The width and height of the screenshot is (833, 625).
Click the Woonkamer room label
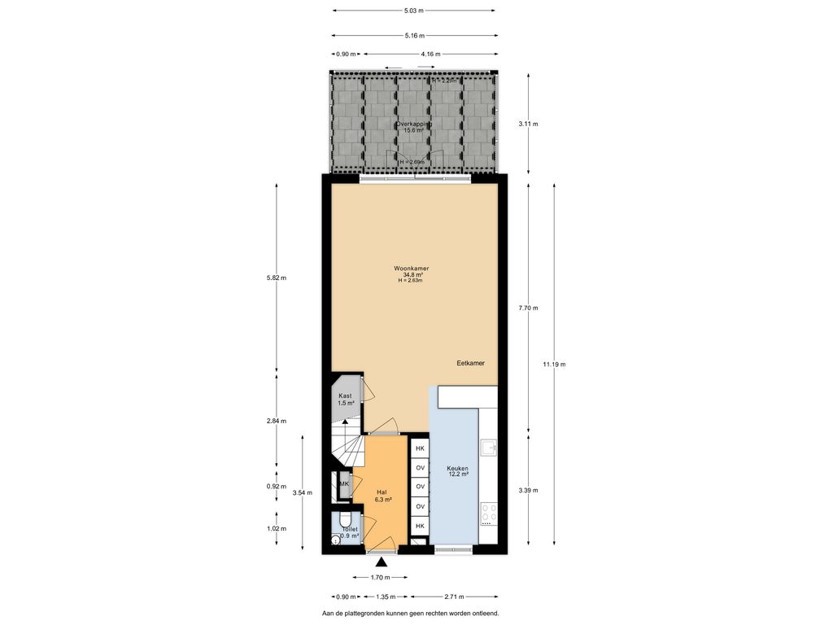tap(411, 269)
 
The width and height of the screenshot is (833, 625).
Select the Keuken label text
tap(457, 469)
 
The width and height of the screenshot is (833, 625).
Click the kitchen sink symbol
tap(488, 448)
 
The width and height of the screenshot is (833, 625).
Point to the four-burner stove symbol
tap(489, 513)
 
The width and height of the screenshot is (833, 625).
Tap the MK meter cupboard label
tap(344, 484)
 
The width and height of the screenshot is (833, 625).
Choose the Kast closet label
tap(345, 396)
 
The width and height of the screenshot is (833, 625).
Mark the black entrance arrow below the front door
tap(382, 561)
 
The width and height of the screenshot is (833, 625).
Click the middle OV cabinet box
tap(420, 487)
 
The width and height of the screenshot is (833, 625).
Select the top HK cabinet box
tap(420, 448)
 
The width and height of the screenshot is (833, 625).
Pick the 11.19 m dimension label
tap(555, 365)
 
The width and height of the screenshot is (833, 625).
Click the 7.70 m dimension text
tap(528, 308)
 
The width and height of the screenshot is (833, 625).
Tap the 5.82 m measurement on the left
tap(277, 278)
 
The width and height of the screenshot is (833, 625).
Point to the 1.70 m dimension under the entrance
tap(380, 578)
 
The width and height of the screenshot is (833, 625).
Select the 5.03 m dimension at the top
tap(414, 11)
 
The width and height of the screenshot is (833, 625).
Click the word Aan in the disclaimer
tap(328, 613)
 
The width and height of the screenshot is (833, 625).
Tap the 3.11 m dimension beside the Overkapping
tap(529, 124)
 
